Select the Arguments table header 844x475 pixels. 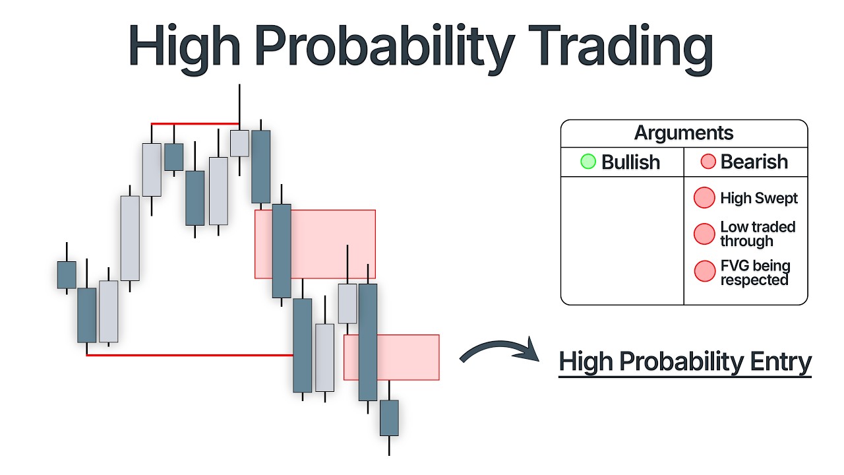point(684,133)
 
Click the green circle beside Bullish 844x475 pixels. point(588,162)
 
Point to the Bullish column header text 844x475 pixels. point(630,162)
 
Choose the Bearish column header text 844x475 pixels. point(754,162)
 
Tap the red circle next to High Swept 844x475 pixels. point(704,198)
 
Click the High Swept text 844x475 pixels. point(759,198)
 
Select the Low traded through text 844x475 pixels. point(758,234)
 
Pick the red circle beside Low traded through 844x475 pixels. point(704,234)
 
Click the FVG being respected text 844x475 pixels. point(754,273)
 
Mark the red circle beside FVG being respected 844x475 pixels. point(704,271)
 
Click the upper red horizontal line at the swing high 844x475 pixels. point(195,123)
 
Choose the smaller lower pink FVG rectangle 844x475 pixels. point(409,357)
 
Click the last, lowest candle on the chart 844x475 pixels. point(389,418)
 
